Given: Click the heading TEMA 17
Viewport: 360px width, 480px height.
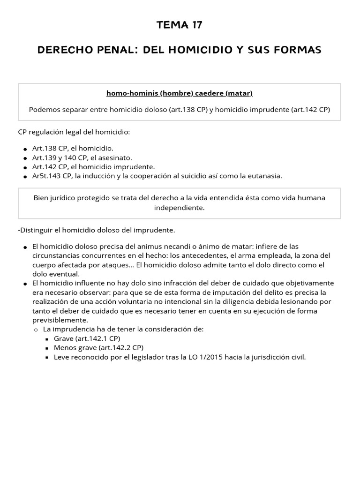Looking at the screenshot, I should coord(180,25).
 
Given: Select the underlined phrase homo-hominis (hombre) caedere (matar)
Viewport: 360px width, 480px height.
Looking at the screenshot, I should coord(180,93).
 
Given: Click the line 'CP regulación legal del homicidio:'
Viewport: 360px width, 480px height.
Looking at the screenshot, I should coord(74,132).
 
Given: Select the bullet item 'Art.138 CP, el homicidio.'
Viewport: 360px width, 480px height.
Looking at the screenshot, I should coord(73,148).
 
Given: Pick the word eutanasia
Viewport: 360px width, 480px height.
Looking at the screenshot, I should coord(265,176).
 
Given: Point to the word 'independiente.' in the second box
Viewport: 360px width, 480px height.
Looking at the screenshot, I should coord(180,208).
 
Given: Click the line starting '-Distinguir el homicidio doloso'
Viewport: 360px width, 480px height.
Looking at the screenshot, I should coord(97,230).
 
